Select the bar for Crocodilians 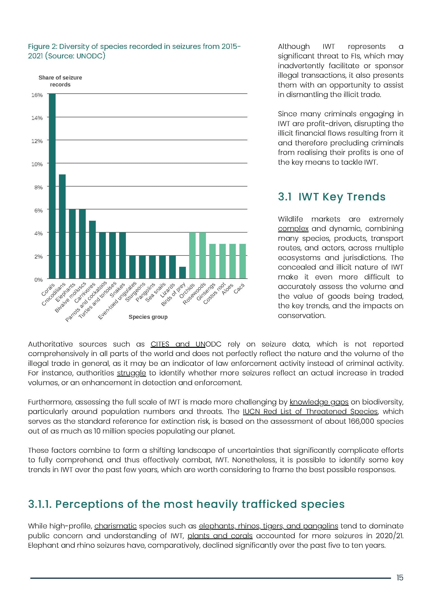62,226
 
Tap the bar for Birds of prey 182,273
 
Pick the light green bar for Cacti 243,261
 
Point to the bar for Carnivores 92,249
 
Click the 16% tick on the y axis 37,95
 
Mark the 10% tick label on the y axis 37,164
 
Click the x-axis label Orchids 187,290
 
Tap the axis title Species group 148,317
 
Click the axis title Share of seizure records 60,81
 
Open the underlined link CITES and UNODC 186,344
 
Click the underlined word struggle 131,373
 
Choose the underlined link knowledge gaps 319,402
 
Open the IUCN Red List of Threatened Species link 310,412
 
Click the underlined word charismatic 115,526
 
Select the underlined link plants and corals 220,536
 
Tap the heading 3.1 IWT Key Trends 332,197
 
